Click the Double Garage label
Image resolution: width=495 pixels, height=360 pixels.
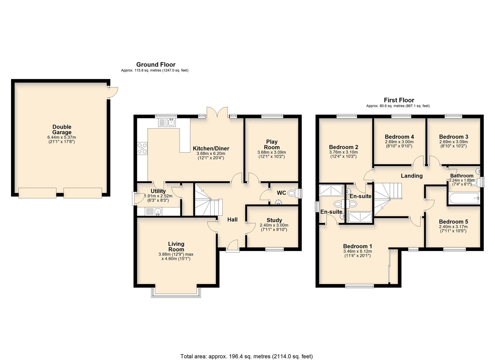pos(62,130)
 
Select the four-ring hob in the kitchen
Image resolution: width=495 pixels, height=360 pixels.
pos(142,149)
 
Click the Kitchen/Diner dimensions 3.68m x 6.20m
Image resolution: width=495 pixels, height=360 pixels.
pos(211,154)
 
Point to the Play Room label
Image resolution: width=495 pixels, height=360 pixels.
pos(272,144)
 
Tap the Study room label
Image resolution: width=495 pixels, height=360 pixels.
pos(274,220)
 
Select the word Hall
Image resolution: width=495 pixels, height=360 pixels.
pos(232,219)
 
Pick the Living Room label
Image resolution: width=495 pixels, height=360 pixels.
pos(176,247)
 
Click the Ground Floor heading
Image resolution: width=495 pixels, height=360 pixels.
pos(156,64)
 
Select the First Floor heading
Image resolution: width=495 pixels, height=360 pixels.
pos(399,100)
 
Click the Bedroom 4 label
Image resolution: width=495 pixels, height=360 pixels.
pos(399,137)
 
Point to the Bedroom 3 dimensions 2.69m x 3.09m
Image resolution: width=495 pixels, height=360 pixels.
pos(453,142)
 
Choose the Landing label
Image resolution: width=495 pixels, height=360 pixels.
pos(411,176)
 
